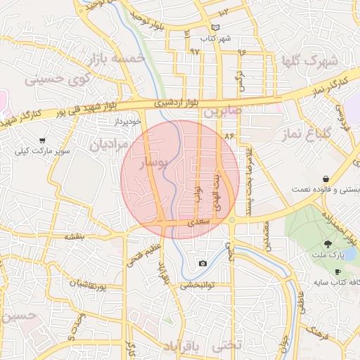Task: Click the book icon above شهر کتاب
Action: tap(216, 28)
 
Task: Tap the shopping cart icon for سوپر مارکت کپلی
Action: tap(43, 141)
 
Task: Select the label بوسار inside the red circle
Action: tap(156, 164)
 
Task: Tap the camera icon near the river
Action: tap(203, 264)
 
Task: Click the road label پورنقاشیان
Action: tap(88, 284)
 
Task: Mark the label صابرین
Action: tap(223, 112)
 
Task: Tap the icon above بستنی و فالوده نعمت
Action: tap(325, 179)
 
